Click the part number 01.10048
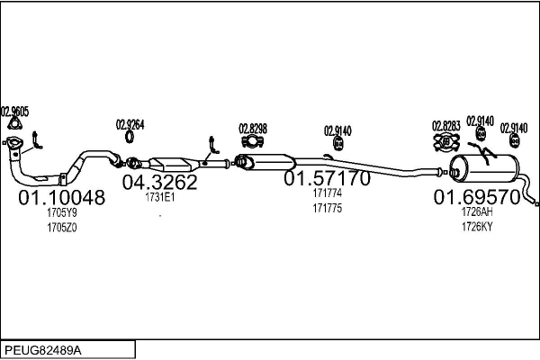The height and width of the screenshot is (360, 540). click(61, 197)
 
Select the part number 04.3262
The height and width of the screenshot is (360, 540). click(159, 183)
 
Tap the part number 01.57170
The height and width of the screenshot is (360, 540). click(327, 179)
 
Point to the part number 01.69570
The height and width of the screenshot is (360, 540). click(476, 196)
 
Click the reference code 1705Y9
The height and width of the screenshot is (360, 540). click(61, 213)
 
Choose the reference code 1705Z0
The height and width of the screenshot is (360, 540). click(61, 228)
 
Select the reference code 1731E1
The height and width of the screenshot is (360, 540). click(159, 198)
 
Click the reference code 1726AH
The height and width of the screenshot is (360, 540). click(476, 211)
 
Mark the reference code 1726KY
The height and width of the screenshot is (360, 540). click(476, 226)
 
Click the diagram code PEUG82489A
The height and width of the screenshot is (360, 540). click(44, 349)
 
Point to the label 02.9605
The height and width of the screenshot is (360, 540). click(14, 112)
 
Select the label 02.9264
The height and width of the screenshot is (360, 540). click(130, 124)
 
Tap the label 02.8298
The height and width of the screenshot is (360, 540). click(252, 128)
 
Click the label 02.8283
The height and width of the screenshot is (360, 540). click(445, 125)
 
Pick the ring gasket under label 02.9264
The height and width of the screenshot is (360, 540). click(130, 138)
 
